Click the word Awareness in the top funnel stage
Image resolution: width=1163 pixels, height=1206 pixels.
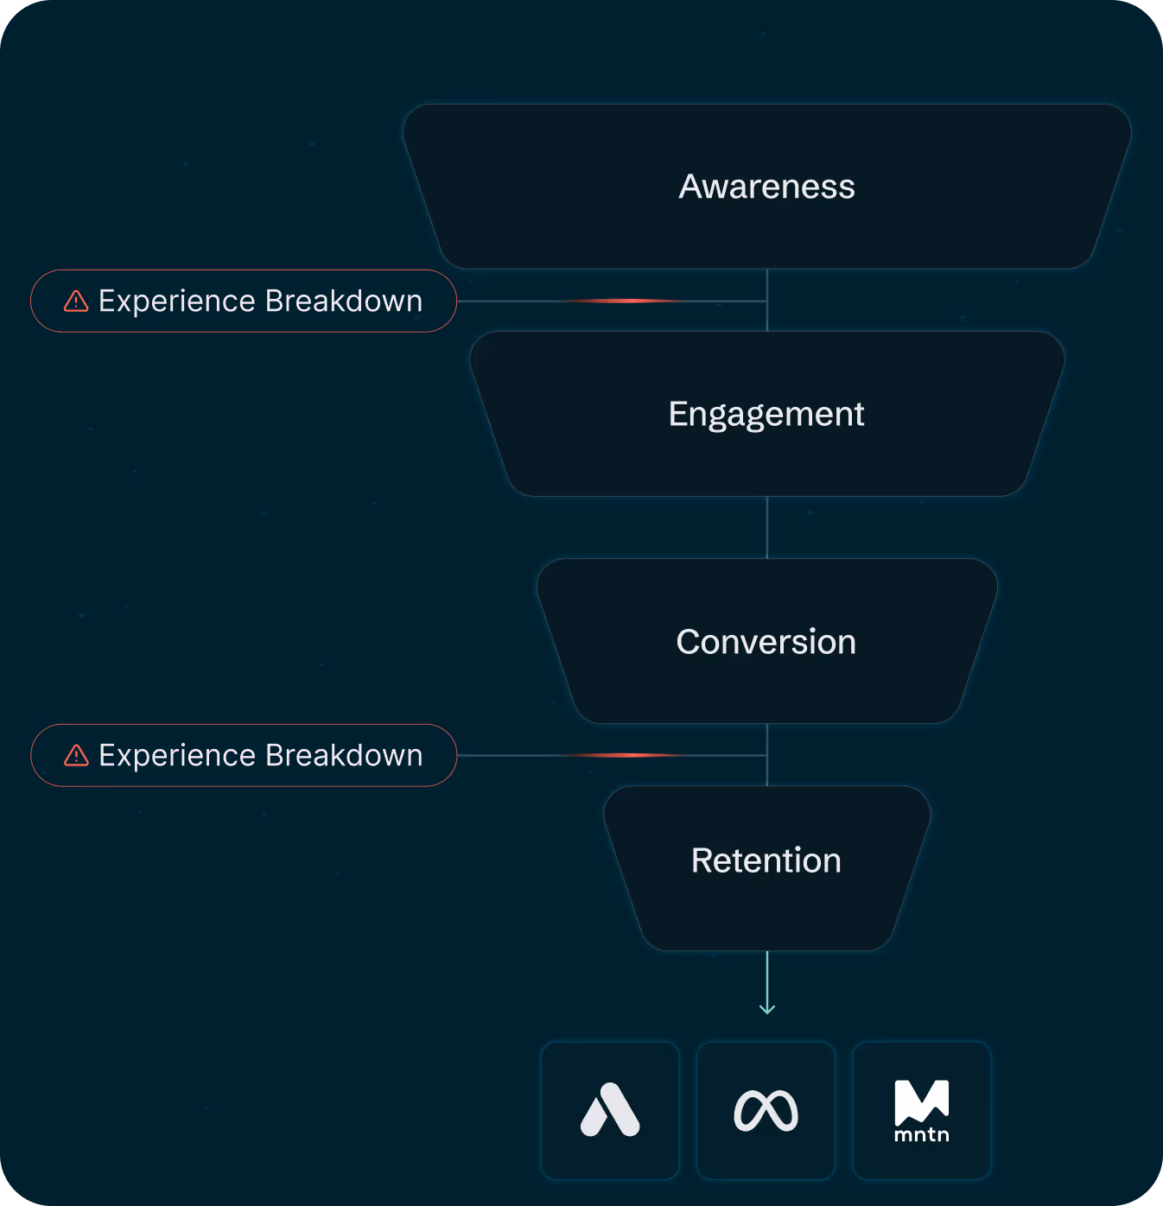point(766,187)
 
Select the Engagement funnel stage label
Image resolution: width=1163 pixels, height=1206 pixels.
point(766,415)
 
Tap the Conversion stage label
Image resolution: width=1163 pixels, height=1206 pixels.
point(766,642)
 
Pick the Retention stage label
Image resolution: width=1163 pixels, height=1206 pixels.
point(766,860)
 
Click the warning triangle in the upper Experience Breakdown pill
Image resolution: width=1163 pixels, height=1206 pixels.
point(76,301)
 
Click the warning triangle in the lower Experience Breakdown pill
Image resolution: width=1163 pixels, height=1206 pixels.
point(76,755)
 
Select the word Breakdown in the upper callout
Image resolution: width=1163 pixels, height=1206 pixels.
point(344,301)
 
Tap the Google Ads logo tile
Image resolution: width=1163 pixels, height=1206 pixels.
point(610,1110)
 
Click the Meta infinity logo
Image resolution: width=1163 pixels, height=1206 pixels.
point(766,1110)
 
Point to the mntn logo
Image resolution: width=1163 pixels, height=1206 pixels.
point(922,1109)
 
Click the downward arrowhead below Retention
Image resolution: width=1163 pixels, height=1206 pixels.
point(767,1008)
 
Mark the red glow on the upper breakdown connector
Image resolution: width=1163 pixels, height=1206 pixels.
point(631,301)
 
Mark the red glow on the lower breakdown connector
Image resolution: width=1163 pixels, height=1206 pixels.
point(631,755)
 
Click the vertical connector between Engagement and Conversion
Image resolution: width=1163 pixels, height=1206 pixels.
point(767,527)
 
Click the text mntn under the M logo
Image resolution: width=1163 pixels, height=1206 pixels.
point(922,1134)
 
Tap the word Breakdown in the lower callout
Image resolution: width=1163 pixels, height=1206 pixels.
point(344,755)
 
